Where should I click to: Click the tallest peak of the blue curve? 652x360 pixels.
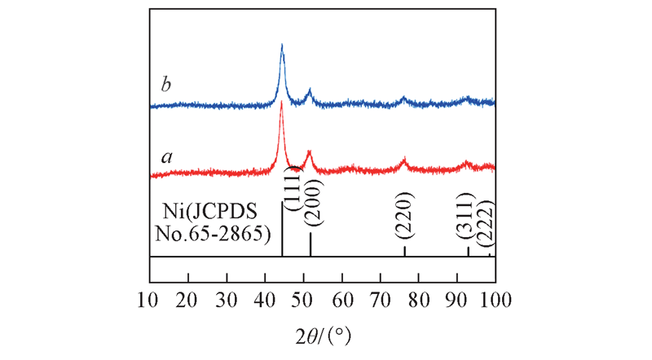[282, 45]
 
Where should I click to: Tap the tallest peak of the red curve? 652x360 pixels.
[281, 103]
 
